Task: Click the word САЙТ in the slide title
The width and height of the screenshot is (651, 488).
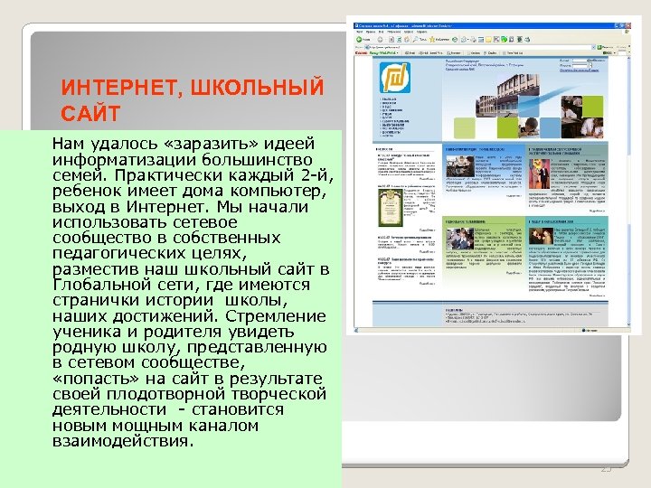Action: pyautogui.click(x=89, y=115)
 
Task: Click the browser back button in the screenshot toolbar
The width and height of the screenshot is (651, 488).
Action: pyautogui.click(x=361, y=40)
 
